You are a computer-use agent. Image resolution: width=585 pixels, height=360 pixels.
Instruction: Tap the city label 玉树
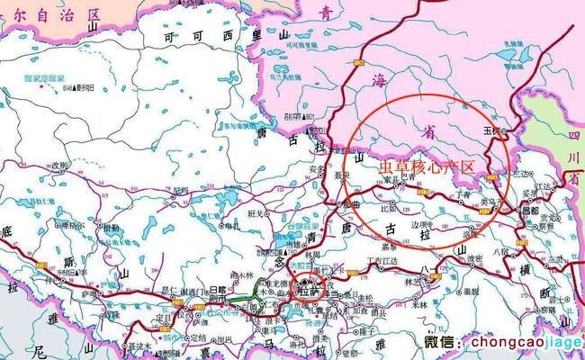point(491,130)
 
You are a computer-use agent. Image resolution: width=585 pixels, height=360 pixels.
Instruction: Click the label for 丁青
point(464,194)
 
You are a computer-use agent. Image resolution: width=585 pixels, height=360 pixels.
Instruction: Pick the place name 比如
point(388,208)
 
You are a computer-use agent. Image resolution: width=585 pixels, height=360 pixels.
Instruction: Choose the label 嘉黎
point(390,243)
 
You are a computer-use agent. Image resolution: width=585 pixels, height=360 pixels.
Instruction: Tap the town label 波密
point(474,260)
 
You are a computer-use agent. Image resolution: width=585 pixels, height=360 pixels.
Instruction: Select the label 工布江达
point(380,262)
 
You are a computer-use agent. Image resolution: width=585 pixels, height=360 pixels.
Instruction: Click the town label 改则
point(59,166)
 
